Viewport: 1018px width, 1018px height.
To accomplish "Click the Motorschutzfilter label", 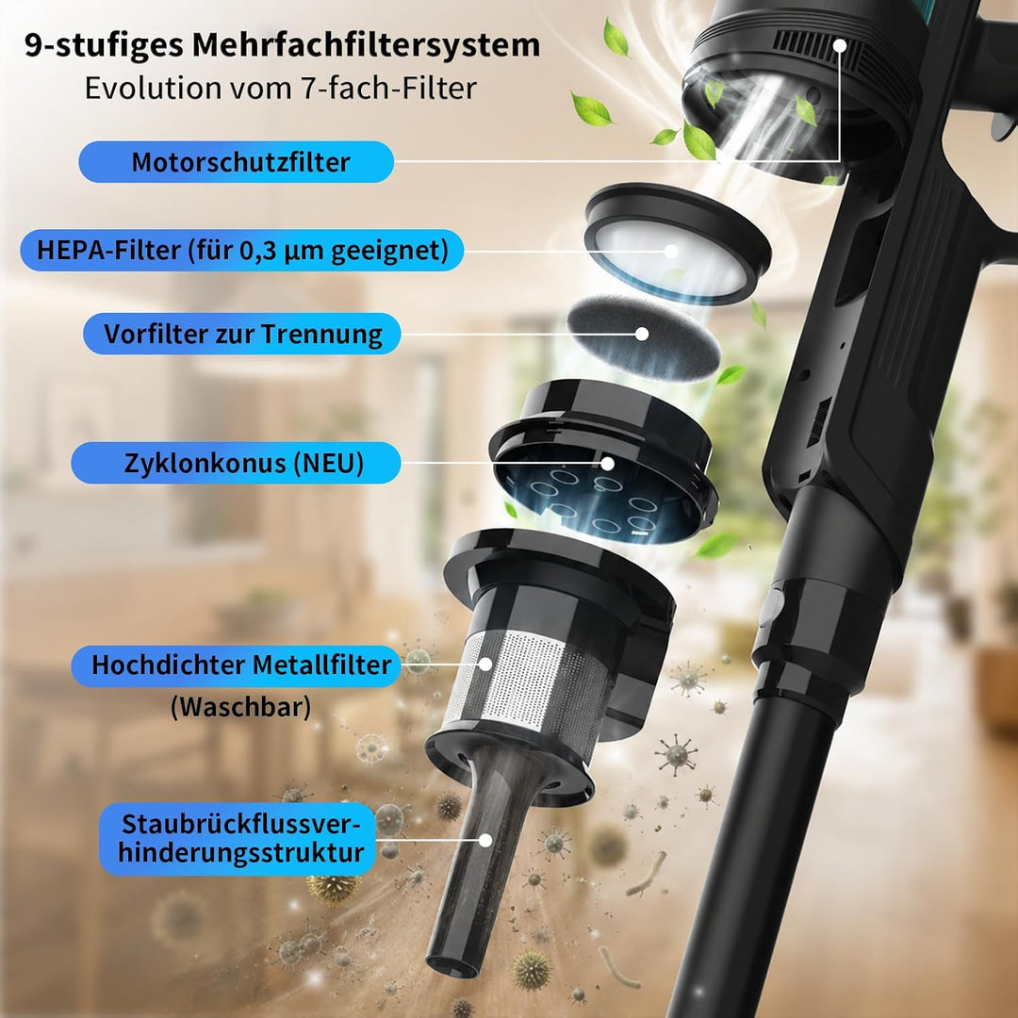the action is coord(237,162).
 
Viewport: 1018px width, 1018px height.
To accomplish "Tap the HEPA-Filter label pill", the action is coord(242,250).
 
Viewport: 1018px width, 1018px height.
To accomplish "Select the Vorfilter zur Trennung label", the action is coord(242,334).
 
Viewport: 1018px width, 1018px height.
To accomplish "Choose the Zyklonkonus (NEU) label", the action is coord(236,463).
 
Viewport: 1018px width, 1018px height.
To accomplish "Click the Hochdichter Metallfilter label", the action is coord(236,665).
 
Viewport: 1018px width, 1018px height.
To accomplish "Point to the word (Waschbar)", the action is coord(241,706).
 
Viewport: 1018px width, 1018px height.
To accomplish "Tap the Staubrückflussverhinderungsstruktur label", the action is coord(238,839).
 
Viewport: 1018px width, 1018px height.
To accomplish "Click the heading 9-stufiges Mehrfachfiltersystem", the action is coord(283,45).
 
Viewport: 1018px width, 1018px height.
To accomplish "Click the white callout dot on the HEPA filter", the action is coord(671,252).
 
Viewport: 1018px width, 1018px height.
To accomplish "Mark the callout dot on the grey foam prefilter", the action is coord(642,334).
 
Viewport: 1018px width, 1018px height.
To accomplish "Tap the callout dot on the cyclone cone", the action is coord(607,464).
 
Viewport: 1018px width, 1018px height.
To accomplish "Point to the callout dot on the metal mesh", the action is coord(485,665).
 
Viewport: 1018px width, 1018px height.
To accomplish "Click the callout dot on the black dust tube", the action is coord(485,840).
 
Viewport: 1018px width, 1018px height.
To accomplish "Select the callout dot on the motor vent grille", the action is coord(840,45).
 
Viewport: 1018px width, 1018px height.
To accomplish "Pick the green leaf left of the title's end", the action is coord(616,38).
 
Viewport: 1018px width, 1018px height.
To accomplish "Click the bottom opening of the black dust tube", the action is coord(452,964).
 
